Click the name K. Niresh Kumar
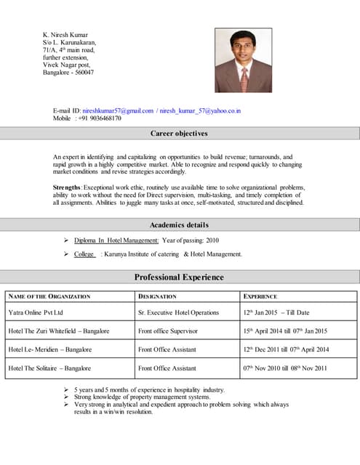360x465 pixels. [70, 34]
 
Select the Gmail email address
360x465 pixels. [117, 110]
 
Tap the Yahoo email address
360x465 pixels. [200, 110]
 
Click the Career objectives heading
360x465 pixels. [179, 134]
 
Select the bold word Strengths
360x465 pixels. [67, 187]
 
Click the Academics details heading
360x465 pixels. [179, 225]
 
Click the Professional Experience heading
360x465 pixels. [179, 277]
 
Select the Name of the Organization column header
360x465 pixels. [49, 296]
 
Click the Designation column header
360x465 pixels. [157, 296]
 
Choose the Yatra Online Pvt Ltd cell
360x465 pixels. [36, 312]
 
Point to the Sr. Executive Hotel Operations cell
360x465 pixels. [178, 312]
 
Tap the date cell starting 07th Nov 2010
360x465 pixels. [285, 368]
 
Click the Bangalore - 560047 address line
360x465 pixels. [68, 73]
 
